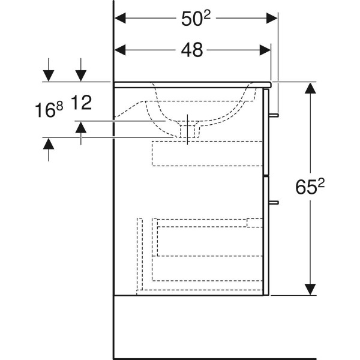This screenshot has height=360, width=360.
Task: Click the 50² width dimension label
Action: [x=196, y=19]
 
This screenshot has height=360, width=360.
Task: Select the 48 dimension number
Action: [x=192, y=50]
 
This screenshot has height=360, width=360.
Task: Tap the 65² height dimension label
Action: [x=310, y=187]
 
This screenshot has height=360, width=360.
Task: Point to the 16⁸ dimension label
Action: [x=49, y=110]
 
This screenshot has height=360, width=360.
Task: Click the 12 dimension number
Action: [x=82, y=102]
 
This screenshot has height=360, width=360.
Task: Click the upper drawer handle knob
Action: [x=274, y=115]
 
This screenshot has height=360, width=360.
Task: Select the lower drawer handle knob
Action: [x=274, y=203]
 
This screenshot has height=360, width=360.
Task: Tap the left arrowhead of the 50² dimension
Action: [x=120, y=19]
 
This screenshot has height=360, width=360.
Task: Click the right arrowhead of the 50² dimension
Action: [x=272, y=19]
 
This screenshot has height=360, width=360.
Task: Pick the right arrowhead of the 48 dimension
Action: [x=265, y=50]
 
